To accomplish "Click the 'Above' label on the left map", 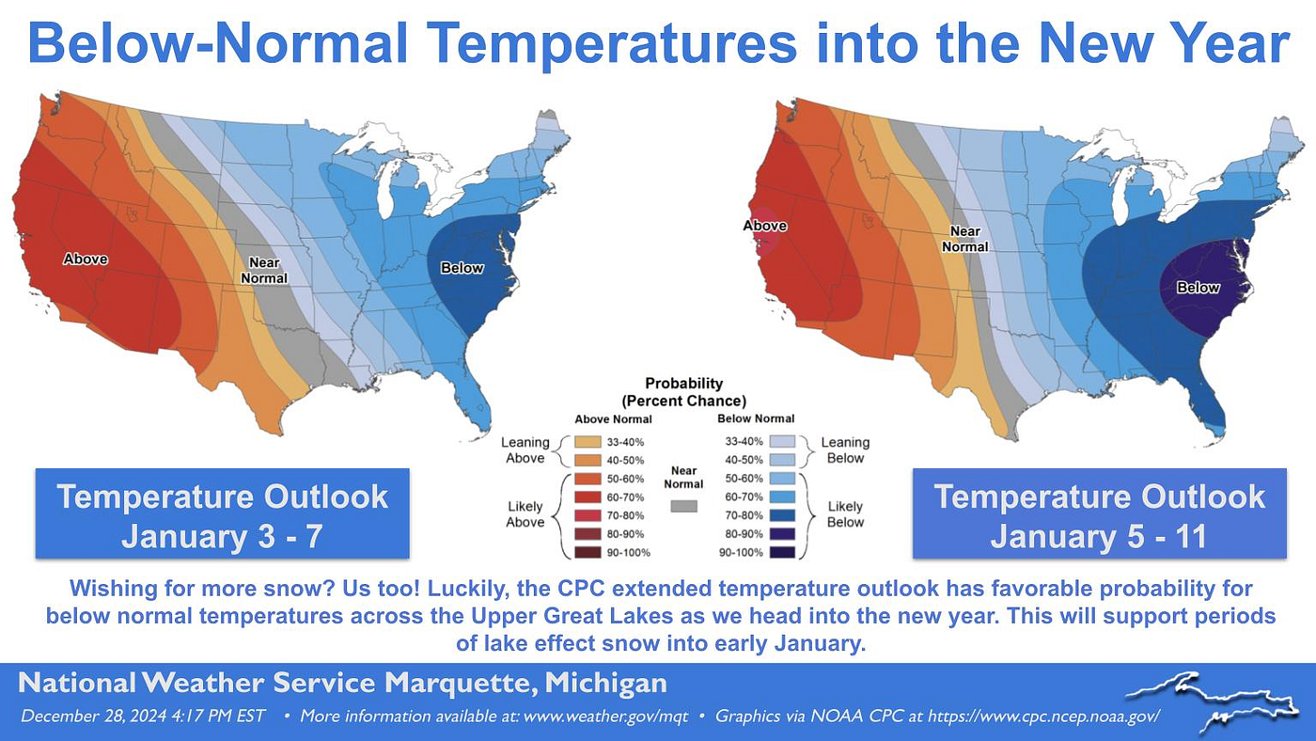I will tap(86, 259).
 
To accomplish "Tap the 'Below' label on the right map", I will tap(1198, 288).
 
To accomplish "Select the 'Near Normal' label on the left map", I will tap(263, 271).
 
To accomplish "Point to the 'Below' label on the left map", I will tap(462, 268).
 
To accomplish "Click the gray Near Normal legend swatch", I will tap(684, 506).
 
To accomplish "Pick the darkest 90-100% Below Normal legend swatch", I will tap(782, 552).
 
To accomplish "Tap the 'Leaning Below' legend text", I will tap(845, 449).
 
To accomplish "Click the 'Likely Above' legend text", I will tap(525, 514).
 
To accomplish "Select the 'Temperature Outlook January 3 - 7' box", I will tap(222, 515).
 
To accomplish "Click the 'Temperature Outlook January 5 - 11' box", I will tap(1099, 515).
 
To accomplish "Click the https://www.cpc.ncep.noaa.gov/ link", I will tap(1043, 717).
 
